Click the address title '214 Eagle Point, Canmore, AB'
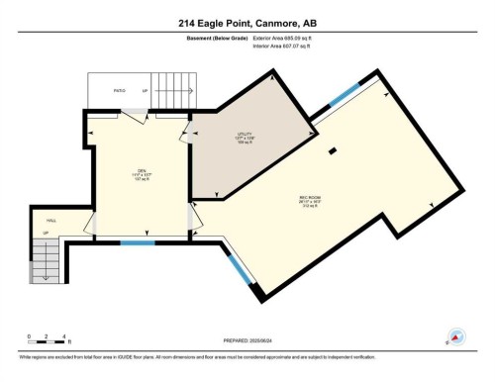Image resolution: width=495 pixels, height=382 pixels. [247, 23]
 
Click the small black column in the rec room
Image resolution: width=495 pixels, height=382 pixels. [334, 151]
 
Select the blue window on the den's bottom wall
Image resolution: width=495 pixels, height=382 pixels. [138, 242]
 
